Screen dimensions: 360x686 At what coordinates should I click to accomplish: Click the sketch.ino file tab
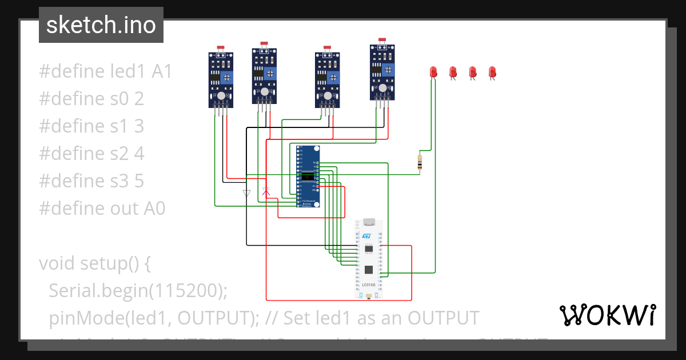(x=101, y=25)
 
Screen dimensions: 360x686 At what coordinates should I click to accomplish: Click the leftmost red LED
(x=433, y=72)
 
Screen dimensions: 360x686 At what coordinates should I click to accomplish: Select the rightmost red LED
(x=492, y=72)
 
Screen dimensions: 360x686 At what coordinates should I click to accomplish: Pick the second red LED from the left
(x=453, y=72)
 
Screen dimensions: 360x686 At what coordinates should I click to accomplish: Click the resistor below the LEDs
(x=421, y=162)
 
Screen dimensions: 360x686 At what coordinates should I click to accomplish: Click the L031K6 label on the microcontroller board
(x=369, y=285)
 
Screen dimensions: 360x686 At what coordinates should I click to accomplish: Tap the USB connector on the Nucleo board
(x=369, y=222)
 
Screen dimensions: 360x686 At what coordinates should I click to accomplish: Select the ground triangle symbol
(x=246, y=193)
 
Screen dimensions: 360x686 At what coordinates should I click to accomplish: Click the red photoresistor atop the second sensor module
(x=264, y=43)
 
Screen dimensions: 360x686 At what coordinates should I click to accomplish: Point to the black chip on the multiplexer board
(x=308, y=175)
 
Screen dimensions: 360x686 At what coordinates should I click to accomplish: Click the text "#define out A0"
(x=102, y=209)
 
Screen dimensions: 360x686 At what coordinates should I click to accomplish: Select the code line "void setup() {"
(x=94, y=263)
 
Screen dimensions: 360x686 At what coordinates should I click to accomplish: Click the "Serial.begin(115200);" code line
(x=138, y=291)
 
